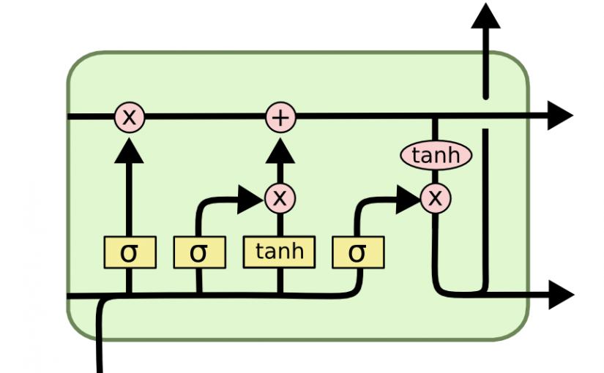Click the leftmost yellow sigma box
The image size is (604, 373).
coord(129,252)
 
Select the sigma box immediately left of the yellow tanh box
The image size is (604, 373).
coord(198,252)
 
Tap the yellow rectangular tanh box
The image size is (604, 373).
coord(279,252)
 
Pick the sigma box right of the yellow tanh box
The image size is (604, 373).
coord(357,252)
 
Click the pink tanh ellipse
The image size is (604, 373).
coord(436,155)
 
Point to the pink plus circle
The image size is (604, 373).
coord(280,117)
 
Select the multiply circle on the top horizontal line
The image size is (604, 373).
coord(129,117)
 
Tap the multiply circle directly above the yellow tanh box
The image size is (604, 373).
coord(279,197)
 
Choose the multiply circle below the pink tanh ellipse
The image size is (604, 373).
coord(436,197)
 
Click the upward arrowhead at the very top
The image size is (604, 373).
coord(485,15)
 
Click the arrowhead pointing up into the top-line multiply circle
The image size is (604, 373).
coord(129,149)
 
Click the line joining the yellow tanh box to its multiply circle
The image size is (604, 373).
coord(279,223)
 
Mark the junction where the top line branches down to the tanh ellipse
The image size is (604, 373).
coord(436,117)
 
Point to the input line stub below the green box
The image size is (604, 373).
coord(100,351)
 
